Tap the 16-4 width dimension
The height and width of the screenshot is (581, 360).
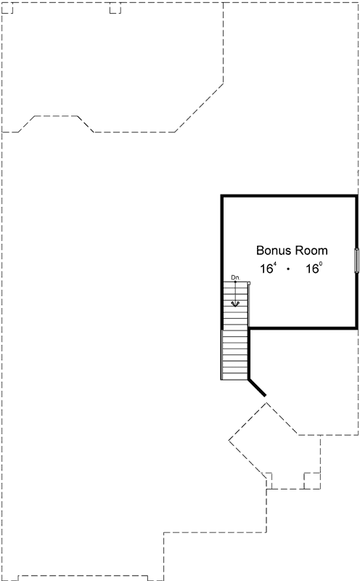(269, 269)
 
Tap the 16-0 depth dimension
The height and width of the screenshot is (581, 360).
(314, 269)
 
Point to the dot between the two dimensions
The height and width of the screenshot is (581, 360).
(289, 269)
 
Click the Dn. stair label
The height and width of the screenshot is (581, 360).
(235, 277)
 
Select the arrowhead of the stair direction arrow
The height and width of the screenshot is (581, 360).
(235, 304)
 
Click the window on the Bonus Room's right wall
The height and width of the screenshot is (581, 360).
(356, 260)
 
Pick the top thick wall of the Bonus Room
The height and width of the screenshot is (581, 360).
(289, 195)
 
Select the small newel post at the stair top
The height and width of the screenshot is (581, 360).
(248, 283)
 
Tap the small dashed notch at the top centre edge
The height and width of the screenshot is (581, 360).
(114, 9)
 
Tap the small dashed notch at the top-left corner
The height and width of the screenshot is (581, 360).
(9, 9)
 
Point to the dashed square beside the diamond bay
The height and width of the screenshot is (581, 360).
(311, 479)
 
